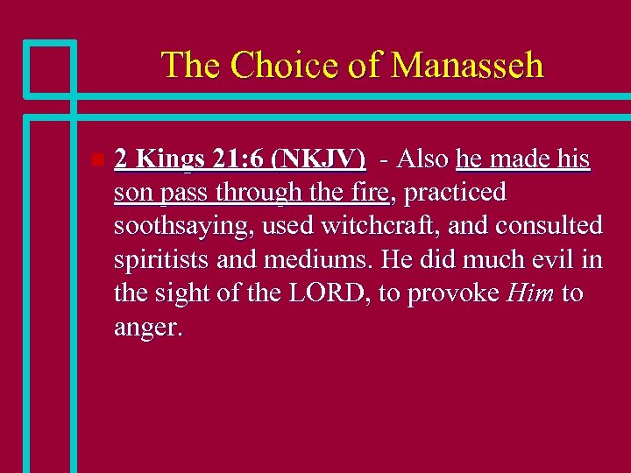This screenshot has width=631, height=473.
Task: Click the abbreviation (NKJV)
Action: [319, 159]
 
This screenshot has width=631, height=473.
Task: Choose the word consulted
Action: [549, 226]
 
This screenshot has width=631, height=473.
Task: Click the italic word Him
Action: [529, 293]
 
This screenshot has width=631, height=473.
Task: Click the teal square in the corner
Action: [50, 68]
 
